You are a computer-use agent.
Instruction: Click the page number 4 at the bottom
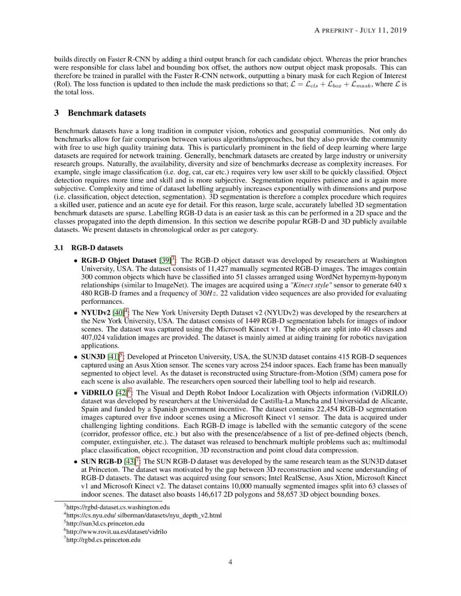(x=230, y=562)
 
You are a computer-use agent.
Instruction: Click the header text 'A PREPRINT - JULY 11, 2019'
(x=360, y=30)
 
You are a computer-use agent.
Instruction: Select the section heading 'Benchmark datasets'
(x=107, y=113)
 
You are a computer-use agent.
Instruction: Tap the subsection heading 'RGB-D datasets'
(x=97, y=248)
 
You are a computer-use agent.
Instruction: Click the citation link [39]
(x=165, y=261)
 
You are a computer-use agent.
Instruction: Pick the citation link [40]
(x=118, y=313)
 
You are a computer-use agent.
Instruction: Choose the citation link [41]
(x=113, y=357)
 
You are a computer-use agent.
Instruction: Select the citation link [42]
(x=121, y=392)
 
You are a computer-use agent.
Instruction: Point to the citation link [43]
(x=129, y=462)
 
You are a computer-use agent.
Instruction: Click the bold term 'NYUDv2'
(x=96, y=313)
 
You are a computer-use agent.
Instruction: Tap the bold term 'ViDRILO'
(x=97, y=392)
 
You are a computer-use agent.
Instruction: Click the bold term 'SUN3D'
(x=93, y=357)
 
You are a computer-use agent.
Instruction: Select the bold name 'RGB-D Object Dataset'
(x=119, y=261)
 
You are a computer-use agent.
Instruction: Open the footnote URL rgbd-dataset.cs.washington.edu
(x=118, y=507)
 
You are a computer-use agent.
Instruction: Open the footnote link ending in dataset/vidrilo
(x=117, y=532)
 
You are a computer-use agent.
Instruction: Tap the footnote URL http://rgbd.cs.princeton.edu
(x=103, y=540)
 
